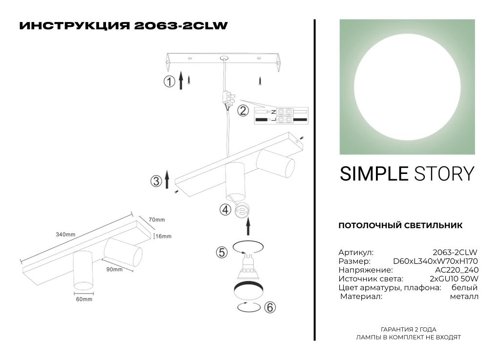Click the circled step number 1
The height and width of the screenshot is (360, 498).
(x=169, y=82)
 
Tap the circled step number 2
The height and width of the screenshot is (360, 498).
(x=243, y=110)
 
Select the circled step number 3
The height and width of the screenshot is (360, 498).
(x=156, y=181)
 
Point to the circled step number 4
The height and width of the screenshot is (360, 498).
(x=225, y=210)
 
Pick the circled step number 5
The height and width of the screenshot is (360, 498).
(x=222, y=252)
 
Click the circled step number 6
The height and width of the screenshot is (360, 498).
(x=270, y=307)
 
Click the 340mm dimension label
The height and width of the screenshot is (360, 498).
(x=65, y=234)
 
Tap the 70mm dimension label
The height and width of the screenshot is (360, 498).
(x=157, y=219)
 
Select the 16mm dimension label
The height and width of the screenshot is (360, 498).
(x=163, y=236)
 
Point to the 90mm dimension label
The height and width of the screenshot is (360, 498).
(x=114, y=269)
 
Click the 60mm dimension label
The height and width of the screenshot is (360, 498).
(x=84, y=299)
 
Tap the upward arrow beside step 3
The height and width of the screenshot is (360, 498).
(x=167, y=179)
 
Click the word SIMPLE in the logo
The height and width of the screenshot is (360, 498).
(x=374, y=174)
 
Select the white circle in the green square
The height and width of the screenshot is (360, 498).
(x=407, y=87)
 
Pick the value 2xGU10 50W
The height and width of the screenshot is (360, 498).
(x=454, y=278)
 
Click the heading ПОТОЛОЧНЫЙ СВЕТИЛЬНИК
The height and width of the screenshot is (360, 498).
(x=400, y=226)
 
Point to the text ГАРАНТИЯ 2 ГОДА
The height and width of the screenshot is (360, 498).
(x=409, y=329)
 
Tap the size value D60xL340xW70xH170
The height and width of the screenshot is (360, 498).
(x=436, y=261)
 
